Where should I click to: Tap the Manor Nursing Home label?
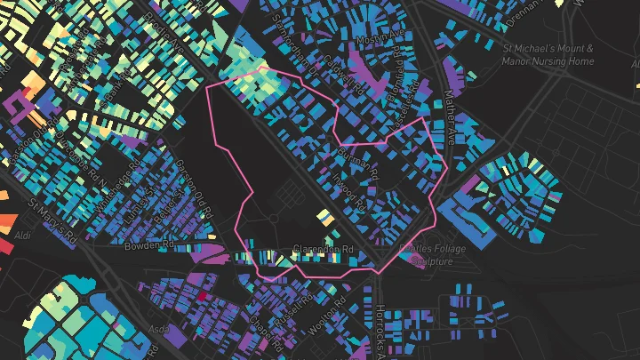548,61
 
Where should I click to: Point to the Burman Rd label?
359,161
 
